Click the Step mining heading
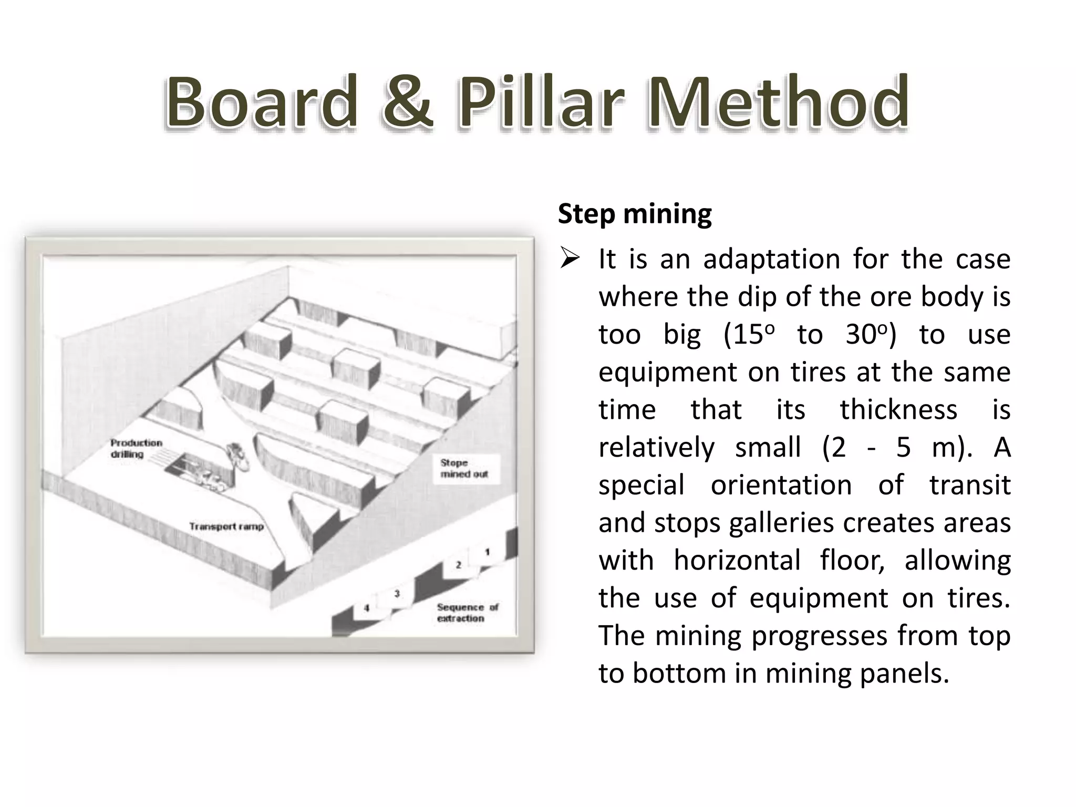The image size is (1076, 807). [634, 214]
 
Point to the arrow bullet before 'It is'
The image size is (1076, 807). [570, 259]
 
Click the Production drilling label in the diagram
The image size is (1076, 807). [136, 448]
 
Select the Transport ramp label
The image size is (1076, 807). [226, 526]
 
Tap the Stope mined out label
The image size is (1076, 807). [464, 468]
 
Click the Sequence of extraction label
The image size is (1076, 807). [467, 613]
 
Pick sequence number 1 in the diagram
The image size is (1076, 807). [487, 552]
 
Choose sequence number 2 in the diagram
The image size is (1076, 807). [458, 565]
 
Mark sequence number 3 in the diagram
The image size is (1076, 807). [397, 594]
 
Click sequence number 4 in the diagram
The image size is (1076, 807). [367, 608]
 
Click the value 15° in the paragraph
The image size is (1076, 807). [749, 335]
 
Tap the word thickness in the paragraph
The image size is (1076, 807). [898, 410]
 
